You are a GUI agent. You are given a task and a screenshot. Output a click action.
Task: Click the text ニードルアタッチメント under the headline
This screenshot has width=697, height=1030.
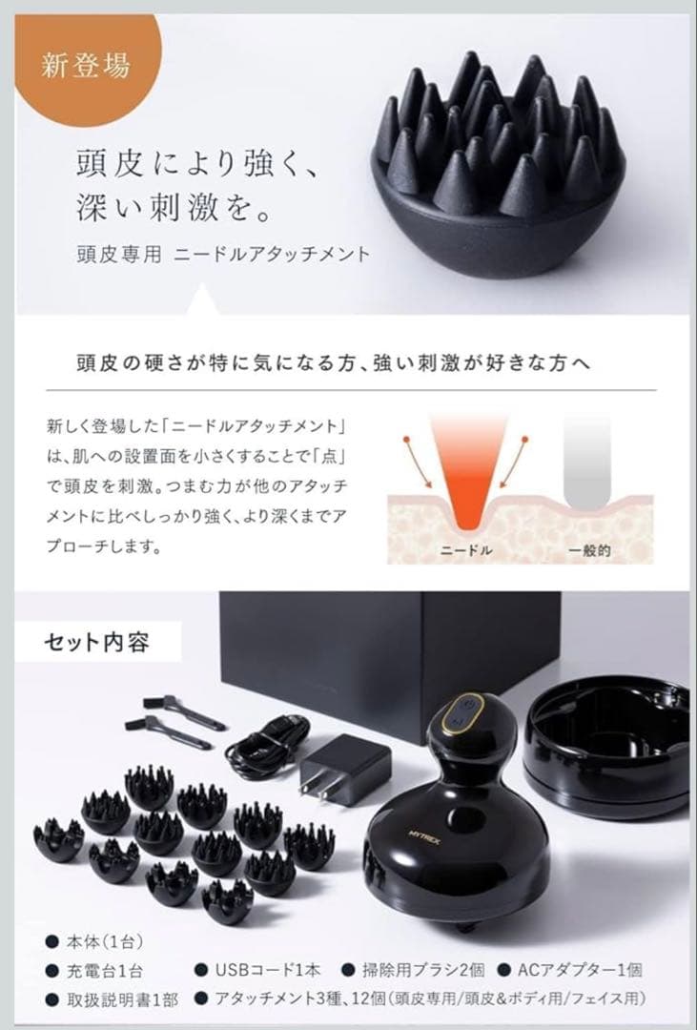277,256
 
